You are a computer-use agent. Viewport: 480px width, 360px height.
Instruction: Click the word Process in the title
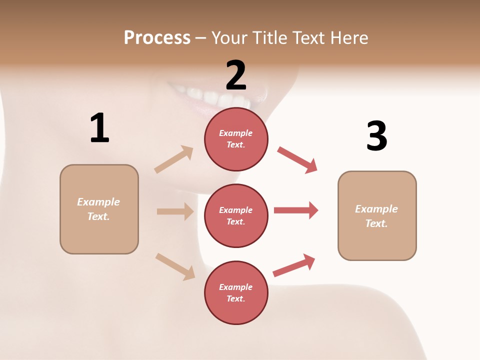(x=157, y=37)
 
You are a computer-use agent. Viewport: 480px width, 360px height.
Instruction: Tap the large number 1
(x=99, y=128)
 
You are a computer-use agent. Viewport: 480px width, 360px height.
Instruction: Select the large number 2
(x=236, y=75)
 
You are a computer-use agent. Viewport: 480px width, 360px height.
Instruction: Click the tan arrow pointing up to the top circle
(x=174, y=159)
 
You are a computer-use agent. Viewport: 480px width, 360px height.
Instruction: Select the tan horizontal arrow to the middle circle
(x=175, y=211)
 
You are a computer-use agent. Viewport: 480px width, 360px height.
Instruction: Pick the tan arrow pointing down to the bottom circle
(x=175, y=266)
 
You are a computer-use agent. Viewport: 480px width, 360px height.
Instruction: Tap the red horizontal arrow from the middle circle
(x=295, y=210)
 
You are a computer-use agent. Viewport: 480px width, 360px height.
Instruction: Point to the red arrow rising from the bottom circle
(x=294, y=265)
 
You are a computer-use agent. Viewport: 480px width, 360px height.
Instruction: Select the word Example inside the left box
(x=98, y=202)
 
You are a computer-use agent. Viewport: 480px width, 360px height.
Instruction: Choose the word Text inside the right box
(x=376, y=223)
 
